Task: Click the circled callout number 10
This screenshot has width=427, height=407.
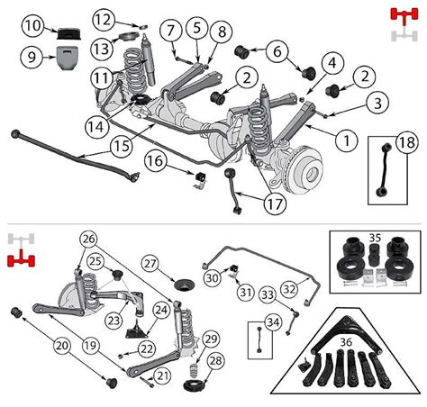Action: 32,26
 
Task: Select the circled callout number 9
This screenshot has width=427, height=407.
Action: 32,57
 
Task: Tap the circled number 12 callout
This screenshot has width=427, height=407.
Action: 104,20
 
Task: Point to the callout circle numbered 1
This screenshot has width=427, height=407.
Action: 347,140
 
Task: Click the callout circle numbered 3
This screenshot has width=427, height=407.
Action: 377,103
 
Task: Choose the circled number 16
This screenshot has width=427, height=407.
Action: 156,161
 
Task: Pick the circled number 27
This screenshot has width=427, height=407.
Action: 150,264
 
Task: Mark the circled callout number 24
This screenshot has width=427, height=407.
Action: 161,311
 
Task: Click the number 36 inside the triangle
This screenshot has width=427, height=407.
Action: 346,342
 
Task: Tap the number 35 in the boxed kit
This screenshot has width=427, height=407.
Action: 375,238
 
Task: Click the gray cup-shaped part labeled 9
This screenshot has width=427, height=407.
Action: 68,57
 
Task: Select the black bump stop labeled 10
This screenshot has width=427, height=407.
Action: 69,33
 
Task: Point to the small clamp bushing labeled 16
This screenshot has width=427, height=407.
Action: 199,178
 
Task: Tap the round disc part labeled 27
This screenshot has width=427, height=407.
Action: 185,285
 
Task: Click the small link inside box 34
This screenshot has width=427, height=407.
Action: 259,339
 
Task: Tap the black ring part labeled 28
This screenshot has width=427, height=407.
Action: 195,385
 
